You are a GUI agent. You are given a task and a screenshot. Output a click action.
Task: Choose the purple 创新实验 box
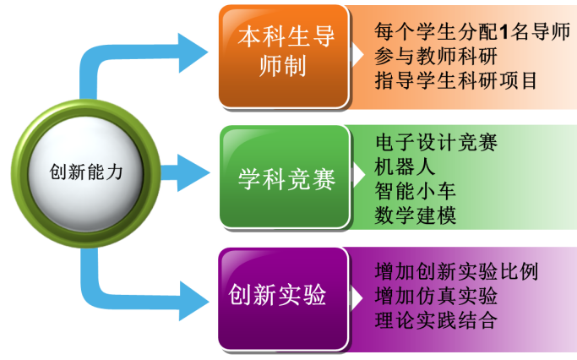point(284,297)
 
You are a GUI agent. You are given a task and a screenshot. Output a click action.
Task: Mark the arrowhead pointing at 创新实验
point(193,298)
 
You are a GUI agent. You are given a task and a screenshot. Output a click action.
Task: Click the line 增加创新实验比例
point(456,272)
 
